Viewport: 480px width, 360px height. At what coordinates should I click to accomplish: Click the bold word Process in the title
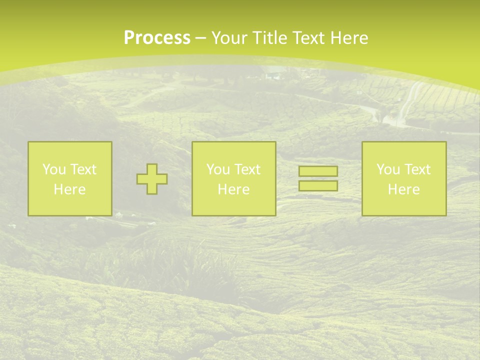157,38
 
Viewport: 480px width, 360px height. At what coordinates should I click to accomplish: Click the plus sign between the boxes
152,179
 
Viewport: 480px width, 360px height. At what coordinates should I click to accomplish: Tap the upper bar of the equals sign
318,171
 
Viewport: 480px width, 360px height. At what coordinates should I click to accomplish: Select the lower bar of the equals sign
318,186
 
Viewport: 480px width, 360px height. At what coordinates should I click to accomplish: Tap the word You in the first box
54,169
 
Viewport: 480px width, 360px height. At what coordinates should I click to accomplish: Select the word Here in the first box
70,189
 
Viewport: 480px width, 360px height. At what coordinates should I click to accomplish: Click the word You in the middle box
218,169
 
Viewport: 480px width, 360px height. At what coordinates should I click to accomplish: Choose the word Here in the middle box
234,189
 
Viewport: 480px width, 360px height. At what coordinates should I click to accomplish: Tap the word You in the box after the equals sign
388,169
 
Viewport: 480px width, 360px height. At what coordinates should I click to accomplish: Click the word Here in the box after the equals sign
404,189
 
